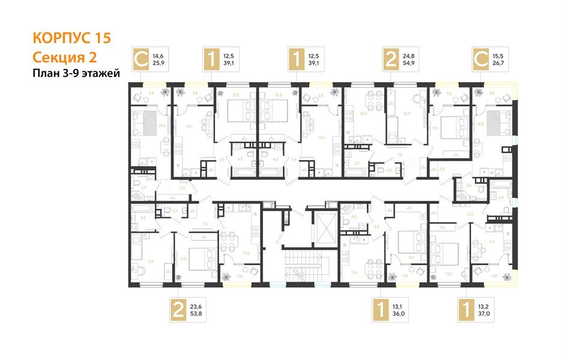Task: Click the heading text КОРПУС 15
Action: click(71, 38)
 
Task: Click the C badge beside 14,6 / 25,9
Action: click(141, 60)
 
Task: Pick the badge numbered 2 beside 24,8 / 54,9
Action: click(391, 60)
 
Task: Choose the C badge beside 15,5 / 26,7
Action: click(481, 60)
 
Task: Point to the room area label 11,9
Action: click(183, 259)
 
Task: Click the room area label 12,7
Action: click(406, 113)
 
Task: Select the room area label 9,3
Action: click(491, 241)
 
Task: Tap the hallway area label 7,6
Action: click(399, 154)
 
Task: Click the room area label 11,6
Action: click(355, 273)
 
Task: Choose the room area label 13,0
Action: click(361, 113)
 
